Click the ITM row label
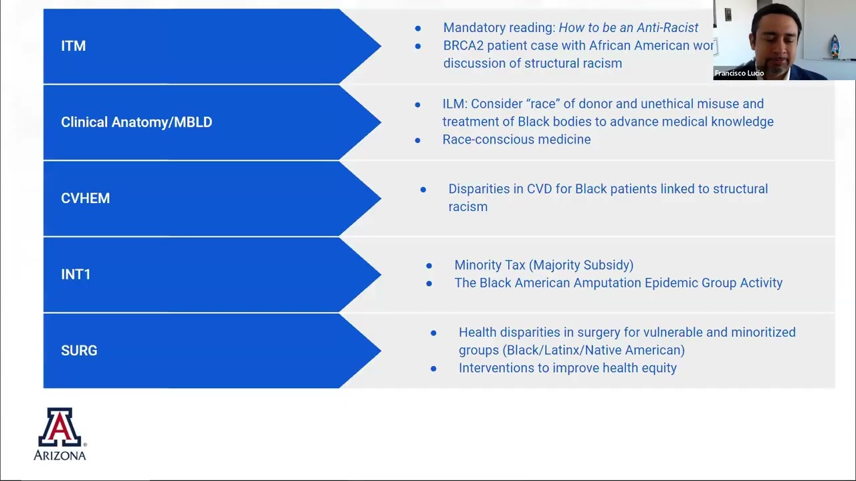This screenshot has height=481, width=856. [x=73, y=46]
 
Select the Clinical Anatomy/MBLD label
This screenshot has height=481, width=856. [x=136, y=122]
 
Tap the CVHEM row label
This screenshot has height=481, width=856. [x=85, y=198]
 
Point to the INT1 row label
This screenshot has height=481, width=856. [x=76, y=275]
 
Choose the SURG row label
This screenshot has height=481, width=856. [x=79, y=351]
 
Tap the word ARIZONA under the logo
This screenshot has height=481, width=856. [x=60, y=456]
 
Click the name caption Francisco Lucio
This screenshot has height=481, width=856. [x=739, y=73]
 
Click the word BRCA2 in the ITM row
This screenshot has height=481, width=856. [x=463, y=45]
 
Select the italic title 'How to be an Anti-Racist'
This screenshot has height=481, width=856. [x=628, y=27]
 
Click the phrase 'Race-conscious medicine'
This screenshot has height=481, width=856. [x=516, y=140]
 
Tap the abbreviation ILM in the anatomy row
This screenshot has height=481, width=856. [x=454, y=104]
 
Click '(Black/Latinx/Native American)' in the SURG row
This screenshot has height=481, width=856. [x=593, y=350]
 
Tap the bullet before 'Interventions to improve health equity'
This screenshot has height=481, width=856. [x=433, y=368]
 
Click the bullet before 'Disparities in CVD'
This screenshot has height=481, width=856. [x=423, y=190]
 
